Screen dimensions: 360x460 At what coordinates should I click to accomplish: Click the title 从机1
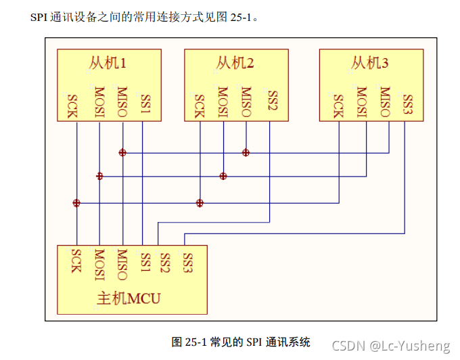tap(108, 64)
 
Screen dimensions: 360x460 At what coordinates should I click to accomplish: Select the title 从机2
tap(236, 64)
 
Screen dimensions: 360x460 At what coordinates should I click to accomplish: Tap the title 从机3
tap(370, 64)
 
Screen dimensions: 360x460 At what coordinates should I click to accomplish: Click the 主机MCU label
tap(128, 298)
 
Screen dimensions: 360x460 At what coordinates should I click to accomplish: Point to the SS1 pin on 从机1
tap(145, 103)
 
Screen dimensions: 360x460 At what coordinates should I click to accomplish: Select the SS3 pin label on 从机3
tap(407, 103)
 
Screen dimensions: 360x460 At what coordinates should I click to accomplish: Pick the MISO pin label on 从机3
tap(385, 102)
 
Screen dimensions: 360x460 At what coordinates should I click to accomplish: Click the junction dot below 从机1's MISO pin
tap(122, 152)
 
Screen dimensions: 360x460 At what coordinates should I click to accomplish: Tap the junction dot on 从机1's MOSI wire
tap(99, 176)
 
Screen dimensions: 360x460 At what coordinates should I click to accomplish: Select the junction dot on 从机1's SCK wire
tap(76, 203)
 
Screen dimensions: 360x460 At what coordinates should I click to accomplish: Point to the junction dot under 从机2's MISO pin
tap(246, 152)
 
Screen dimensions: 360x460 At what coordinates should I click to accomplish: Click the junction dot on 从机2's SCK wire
tap(200, 203)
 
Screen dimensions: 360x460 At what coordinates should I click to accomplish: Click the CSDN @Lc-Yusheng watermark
tap(390, 346)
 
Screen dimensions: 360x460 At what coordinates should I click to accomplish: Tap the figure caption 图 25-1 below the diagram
tap(240, 342)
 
